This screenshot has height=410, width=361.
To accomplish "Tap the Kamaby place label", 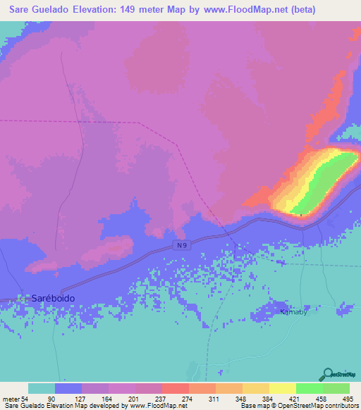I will [293, 311].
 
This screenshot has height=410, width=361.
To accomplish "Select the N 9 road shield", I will [182, 244].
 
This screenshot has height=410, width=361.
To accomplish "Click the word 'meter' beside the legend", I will [11, 399].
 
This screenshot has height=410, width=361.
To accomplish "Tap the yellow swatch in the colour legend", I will [283, 388].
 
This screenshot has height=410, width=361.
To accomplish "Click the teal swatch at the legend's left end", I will [42, 388].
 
